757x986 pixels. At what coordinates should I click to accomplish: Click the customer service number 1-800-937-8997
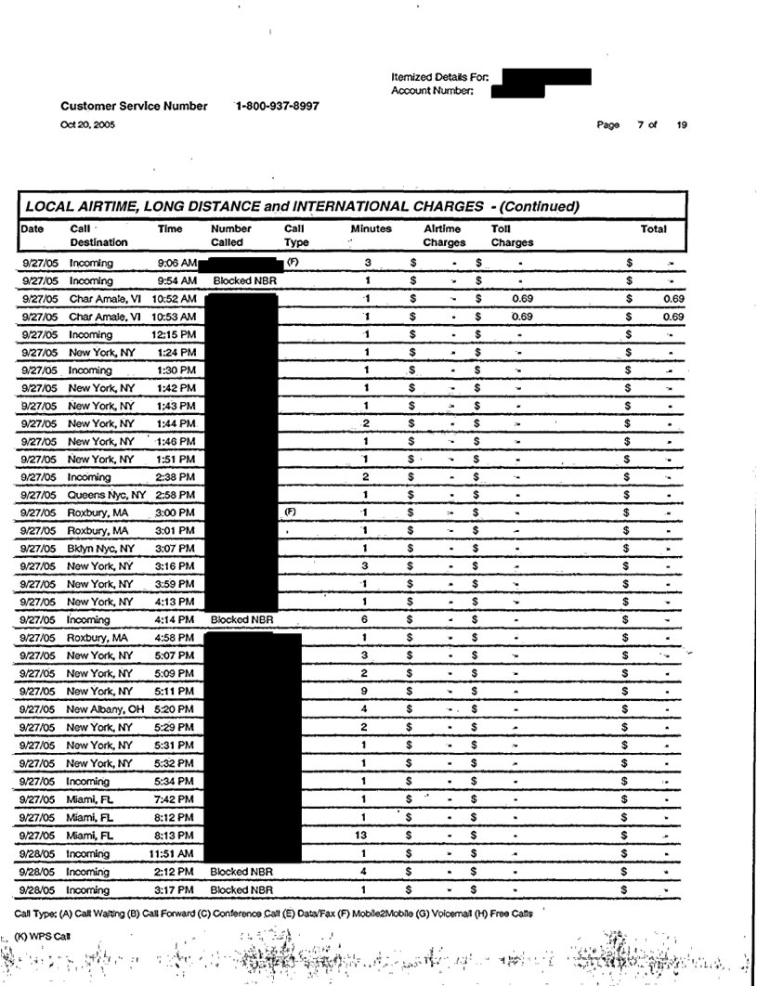278,106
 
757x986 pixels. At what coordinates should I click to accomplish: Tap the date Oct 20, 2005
88,125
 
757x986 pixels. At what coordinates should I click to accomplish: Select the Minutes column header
371,228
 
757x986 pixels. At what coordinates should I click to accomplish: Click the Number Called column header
232,236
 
